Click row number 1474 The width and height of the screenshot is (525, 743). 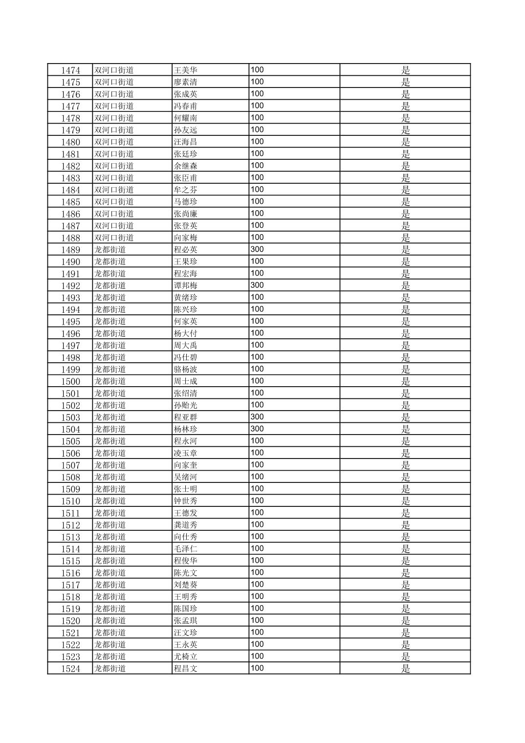pyautogui.click(x=70, y=70)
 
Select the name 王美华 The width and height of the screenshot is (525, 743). pyautogui.click(x=186, y=70)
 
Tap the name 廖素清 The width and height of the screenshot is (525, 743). pyautogui.click(x=186, y=82)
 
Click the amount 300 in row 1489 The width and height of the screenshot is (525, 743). pyautogui.click(x=257, y=249)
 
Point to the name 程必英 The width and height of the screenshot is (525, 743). pyautogui.click(x=186, y=250)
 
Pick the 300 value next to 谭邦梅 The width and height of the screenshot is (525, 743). pyautogui.click(x=257, y=285)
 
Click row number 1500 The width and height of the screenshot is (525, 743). pyautogui.click(x=70, y=381)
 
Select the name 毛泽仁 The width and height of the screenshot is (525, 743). pyautogui.click(x=186, y=549)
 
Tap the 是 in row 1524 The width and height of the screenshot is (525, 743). pyautogui.click(x=405, y=669)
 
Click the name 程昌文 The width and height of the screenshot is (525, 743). pyautogui.click(x=186, y=669)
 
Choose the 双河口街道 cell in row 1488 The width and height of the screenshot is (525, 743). pyautogui.click(x=114, y=238)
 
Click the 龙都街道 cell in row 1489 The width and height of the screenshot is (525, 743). pyautogui.click(x=110, y=250)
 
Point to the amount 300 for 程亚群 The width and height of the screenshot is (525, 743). pyautogui.click(x=257, y=417)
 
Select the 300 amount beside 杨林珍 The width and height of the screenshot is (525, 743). pyautogui.click(x=257, y=429)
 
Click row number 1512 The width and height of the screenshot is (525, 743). pyautogui.click(x=70, y=525)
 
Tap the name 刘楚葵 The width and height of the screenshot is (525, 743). pyautogui.click(x=186, y=585)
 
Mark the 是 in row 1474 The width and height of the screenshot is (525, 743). pyautogui.click(x=405, y=70)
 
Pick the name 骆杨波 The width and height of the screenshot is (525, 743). pyautogui.click(x=186, y=370)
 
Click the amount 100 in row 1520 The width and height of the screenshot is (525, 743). pyautogui.click(x=257, y=620)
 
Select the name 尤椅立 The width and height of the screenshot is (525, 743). pyautogui.click(x=186, y=656)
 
